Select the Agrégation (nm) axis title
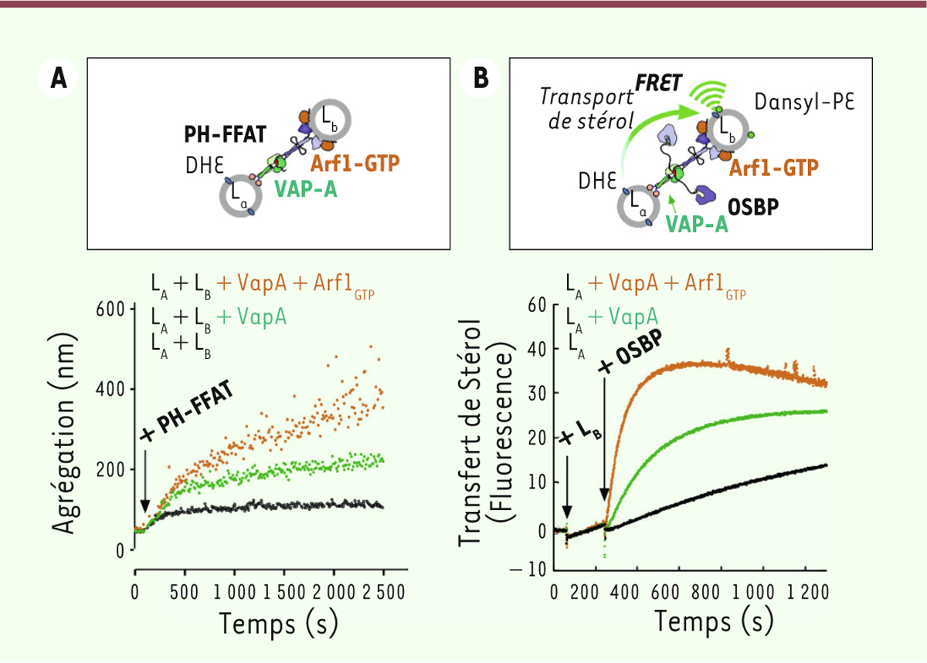(x=68, y=429)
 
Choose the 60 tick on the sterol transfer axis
(x=536, y=306)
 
